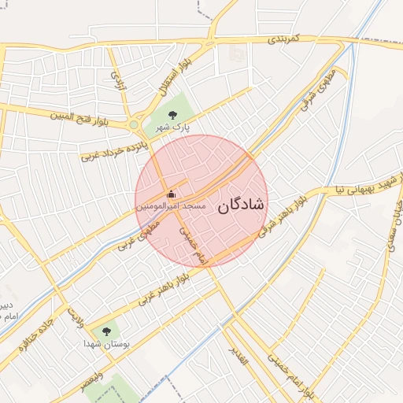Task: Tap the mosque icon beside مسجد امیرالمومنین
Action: (x=171, y=194)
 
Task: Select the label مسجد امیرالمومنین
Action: (x=171, y=206)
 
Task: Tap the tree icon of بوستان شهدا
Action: (x=106, y=331)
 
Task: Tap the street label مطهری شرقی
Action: (x=312, y=91)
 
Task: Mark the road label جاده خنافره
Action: (x=38, y=331)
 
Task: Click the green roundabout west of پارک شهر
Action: (x=134, y=125)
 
